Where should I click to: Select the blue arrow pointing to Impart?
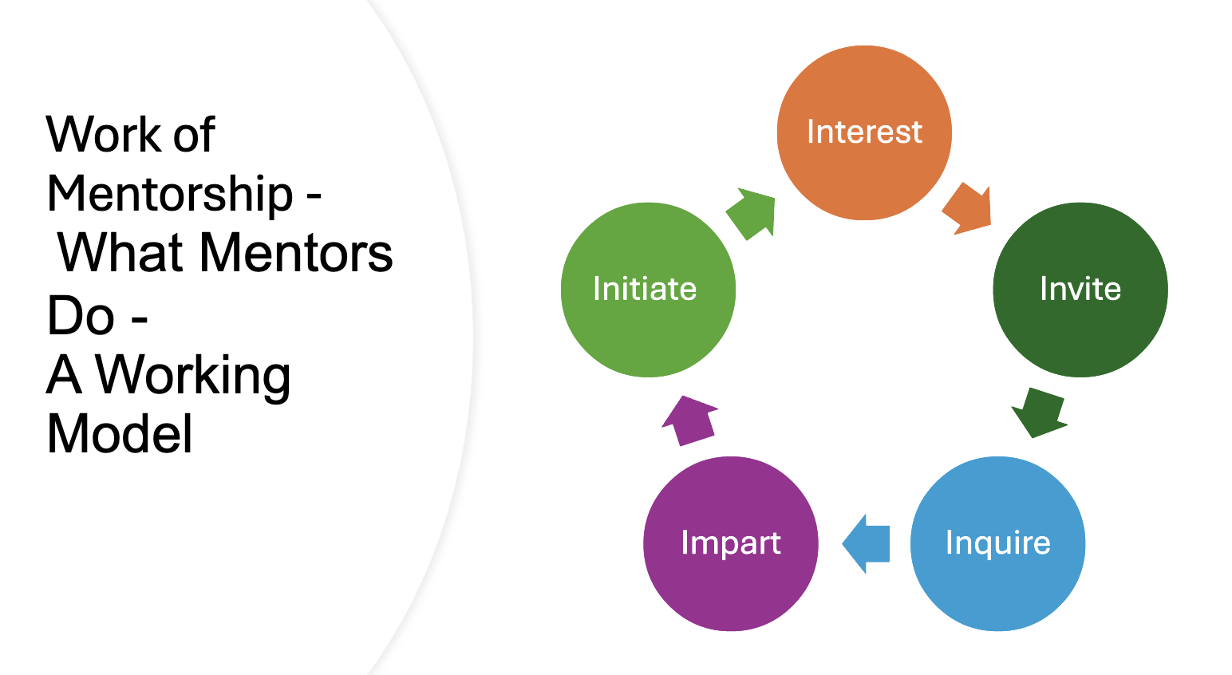[x=867, y=543]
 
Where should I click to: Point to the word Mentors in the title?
[x=295, y=254]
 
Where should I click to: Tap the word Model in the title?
[x=120, y=435]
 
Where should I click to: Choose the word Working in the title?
[x=193, y=375]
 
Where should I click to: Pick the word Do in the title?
[x=80, y=315]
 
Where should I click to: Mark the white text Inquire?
[x=997, y=543]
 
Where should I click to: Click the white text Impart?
[x=731, y=543]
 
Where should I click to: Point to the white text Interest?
[x=864, y=132]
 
